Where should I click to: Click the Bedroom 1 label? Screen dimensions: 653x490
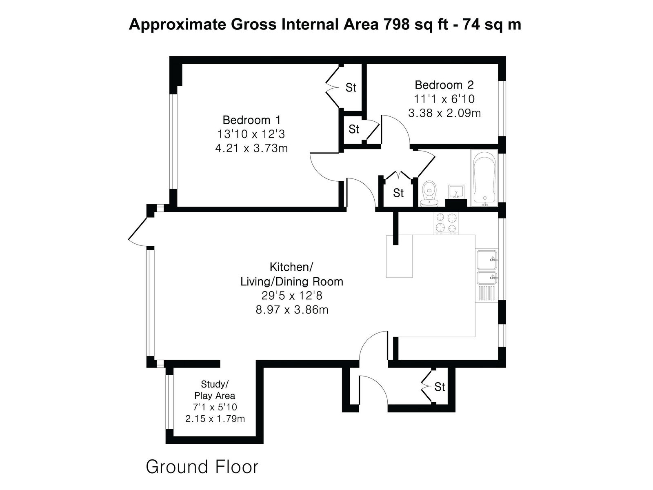pyautogui.click(x=251, y=120)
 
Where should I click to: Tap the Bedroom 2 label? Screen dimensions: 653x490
pyautogui.click(x=444, y=85)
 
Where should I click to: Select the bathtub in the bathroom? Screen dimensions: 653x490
pyautogui.click(x=484, y=178)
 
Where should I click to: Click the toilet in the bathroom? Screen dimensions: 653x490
pyautogui.click(x=429, y=194)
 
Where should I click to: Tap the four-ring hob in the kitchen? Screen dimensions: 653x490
pyautogui.click(x=446, y=223)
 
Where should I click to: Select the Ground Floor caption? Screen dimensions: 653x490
pyautogui.click(x=202, y=466)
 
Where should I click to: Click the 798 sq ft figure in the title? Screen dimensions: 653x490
pyautogui.click(x=415, y=24)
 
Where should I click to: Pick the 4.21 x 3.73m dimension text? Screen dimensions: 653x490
pyautogui.click(x=251, y=148)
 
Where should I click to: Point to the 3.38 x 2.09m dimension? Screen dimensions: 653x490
pyautogui.click(x=444, y=114)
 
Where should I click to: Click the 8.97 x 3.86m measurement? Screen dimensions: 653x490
pyautogui.click(x=292, y=310)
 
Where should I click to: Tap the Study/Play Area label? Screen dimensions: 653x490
pyautogui.click(x=215, y=390)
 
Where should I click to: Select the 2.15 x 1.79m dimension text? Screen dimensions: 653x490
pyautogui.click(x=215, y=419)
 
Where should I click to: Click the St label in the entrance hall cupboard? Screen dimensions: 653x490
pyautogui.click(x=440, y=387)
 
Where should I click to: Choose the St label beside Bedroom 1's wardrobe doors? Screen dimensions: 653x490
pyautogui.click(x=351, y=87)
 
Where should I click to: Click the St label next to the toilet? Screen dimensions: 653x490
pyautogui.click(x=398, y=193)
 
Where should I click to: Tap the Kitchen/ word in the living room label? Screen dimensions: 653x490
pyautogui.click(x=291, y=267)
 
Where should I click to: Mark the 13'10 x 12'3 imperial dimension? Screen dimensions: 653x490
pyautogui.click(x=251, y=134)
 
